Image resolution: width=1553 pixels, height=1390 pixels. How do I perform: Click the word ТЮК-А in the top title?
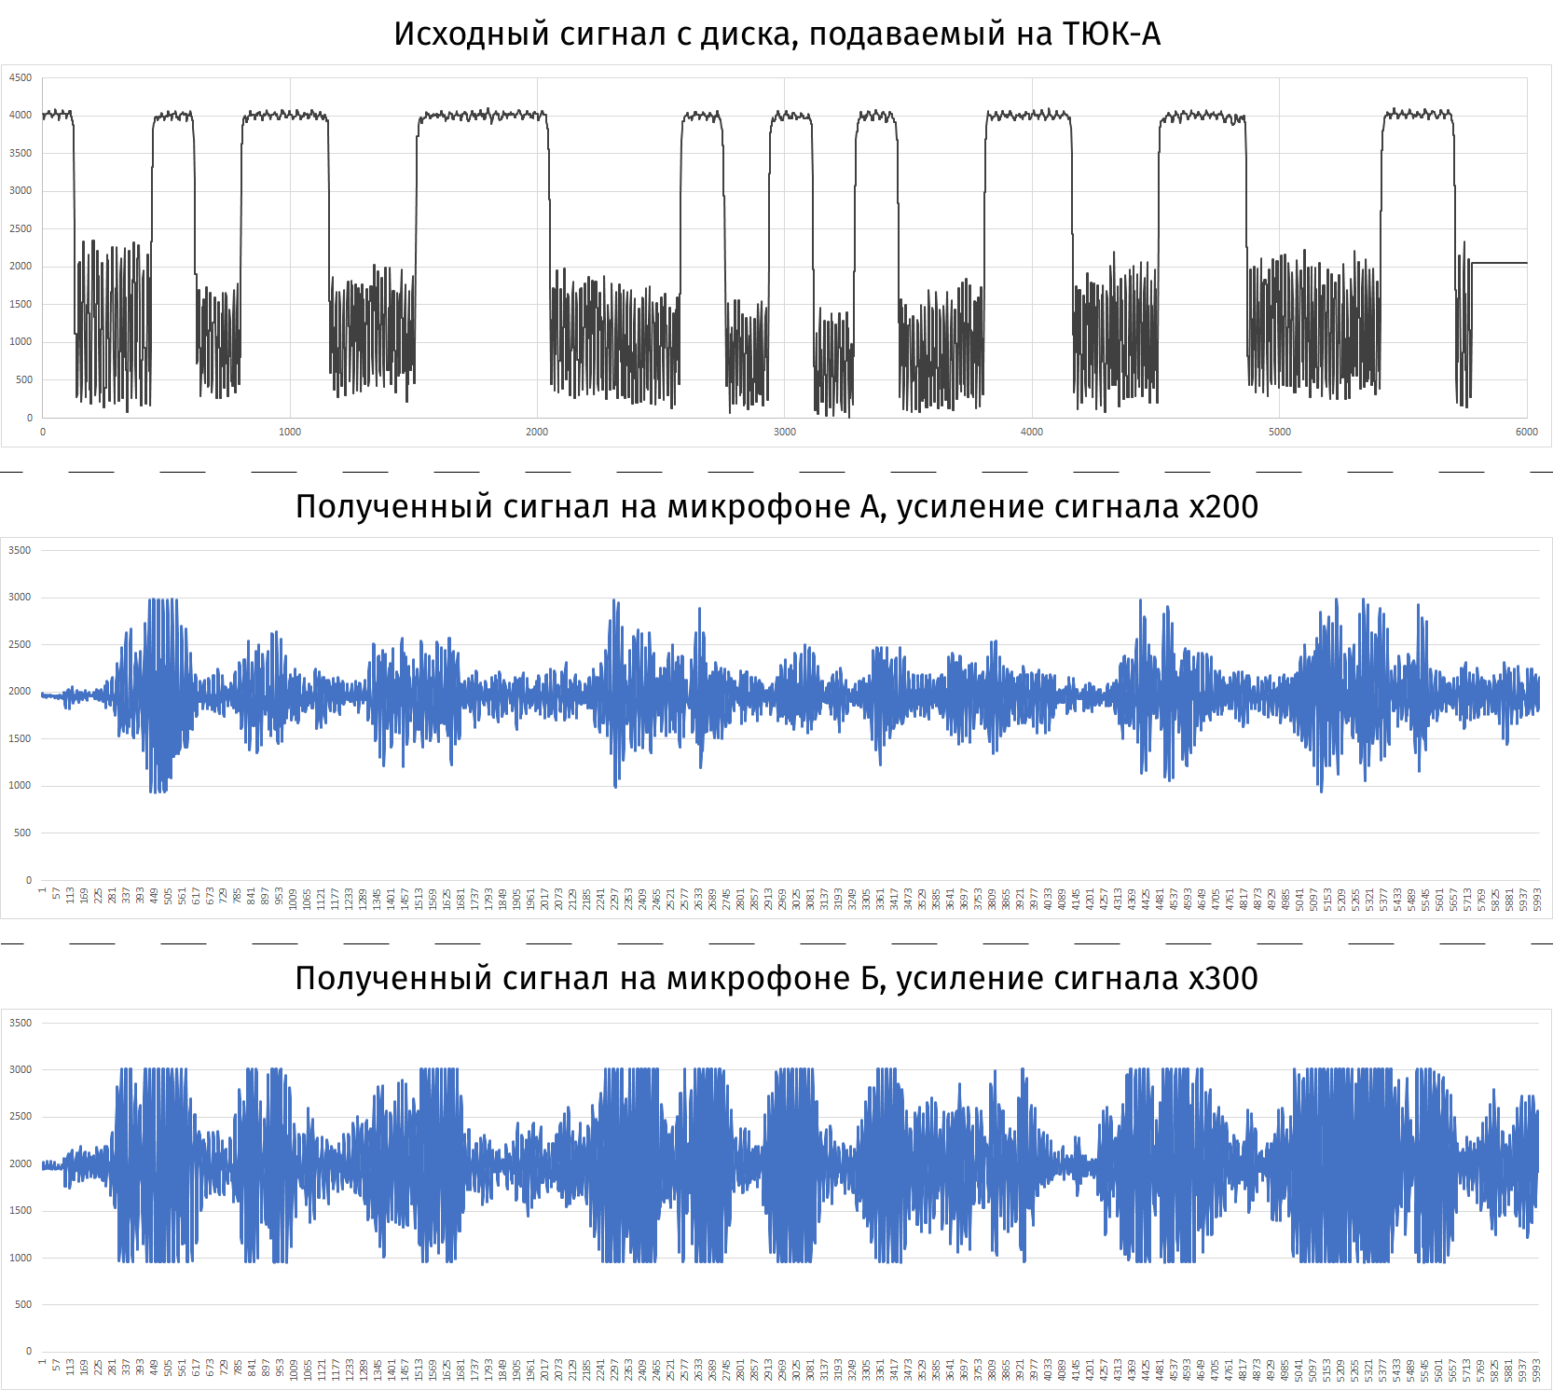(1111, 34)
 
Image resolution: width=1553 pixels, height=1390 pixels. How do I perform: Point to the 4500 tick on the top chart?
(21, 78)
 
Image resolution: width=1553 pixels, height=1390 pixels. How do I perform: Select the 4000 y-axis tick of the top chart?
(21, 116)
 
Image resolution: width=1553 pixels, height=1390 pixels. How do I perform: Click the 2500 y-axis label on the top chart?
(21, 229)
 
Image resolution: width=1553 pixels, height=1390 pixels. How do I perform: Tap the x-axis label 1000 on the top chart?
(290, 433)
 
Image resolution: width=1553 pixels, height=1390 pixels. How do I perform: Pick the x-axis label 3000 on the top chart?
(785, 433)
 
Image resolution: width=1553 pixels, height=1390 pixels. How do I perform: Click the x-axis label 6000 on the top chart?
(1527, 433)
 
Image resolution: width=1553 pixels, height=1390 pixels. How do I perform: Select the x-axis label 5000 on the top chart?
(1280, 433)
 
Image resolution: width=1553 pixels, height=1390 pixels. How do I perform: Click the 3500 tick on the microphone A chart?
(20, 551)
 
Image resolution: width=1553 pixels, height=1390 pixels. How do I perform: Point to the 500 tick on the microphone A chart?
(22, 833)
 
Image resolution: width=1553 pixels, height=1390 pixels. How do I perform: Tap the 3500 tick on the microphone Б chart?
(20, 1024)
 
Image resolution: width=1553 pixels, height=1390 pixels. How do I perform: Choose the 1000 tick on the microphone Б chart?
(20, 1259)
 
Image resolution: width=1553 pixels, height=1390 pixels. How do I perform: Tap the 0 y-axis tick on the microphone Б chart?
(29, 1352)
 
